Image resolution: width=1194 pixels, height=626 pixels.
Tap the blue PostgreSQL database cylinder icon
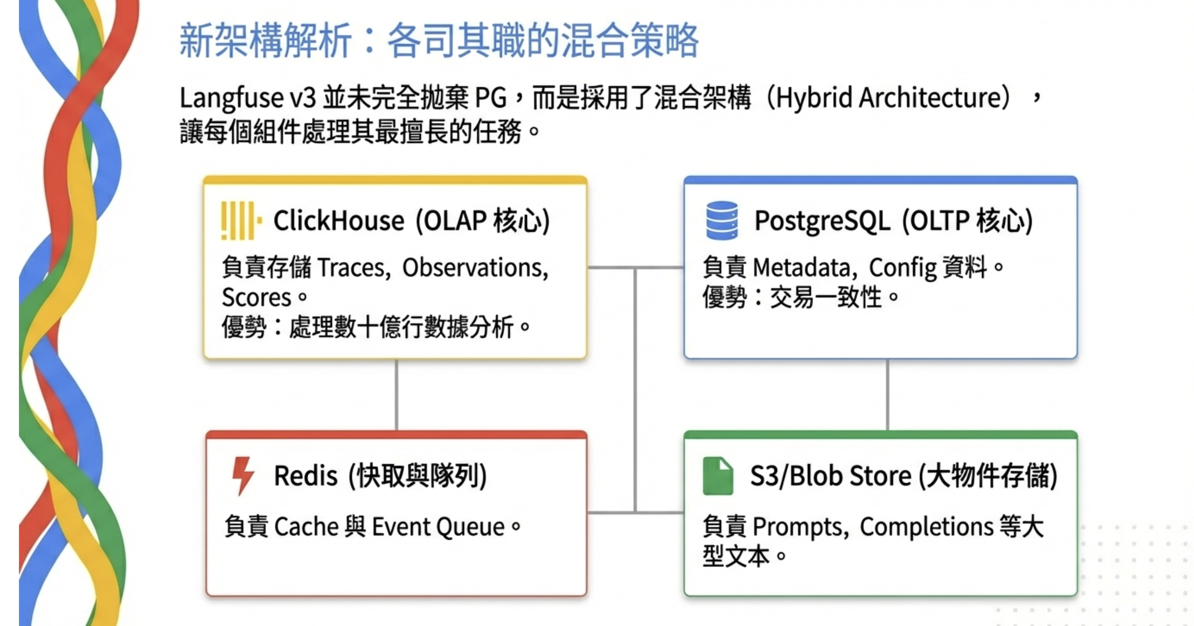pyautogui.click(x=722, y=220)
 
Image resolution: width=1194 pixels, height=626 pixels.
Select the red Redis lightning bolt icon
pyautogui.click(x=243, y=475)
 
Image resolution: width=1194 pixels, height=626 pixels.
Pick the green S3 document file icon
pyautogui.click(x=718, y=476)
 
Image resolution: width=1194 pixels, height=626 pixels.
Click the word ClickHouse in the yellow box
pyautogui.click(x=338, y=221)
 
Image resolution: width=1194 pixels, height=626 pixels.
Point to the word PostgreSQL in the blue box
pyautogui.click(x=822, y=221)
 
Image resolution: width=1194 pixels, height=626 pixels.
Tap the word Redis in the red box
pyautogui.click(x=306, y=476)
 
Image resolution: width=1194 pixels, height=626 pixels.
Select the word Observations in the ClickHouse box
pyautogui.click(x=474, y=268)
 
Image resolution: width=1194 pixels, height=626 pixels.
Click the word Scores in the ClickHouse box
pyautogui.click(x=256, y=298)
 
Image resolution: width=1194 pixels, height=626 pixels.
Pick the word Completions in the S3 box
pyautogui.click(x=926, y=527)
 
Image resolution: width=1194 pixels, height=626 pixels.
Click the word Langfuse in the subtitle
pyautogui.click(x=231, y=98)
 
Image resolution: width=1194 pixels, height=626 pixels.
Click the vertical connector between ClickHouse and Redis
pyautogui.click(x=396, y=395)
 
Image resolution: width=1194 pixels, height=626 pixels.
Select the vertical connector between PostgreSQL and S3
pyautogui.click(x=887, y=395)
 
